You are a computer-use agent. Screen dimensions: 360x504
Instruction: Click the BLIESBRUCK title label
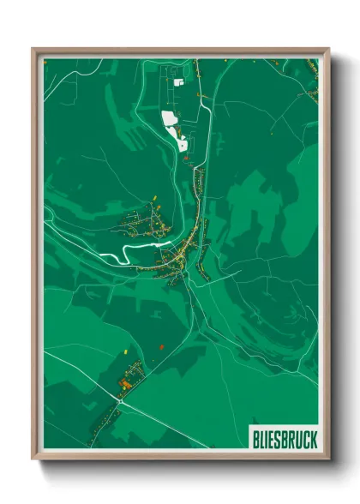[285, 440]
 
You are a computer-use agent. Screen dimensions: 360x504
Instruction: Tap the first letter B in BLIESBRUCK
[256, 440]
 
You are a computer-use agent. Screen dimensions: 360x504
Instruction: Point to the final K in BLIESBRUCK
[314, 440]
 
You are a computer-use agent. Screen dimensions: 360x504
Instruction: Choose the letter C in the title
[307, 440]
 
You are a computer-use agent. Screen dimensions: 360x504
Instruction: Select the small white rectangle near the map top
[179, 82]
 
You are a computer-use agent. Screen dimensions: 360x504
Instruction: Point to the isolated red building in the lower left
[160, 346]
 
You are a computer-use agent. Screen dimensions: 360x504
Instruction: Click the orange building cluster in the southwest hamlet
[125, 385]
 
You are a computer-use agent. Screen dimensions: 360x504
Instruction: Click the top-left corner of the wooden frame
[33, 49]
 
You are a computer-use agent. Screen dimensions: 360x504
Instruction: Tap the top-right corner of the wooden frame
[328, 49]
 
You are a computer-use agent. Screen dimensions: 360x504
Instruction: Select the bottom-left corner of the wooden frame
[33, 459]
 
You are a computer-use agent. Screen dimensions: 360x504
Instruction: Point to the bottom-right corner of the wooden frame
[328, 459]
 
